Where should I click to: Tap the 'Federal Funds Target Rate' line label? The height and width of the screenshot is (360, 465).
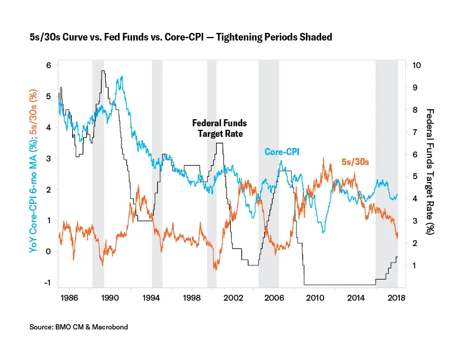220,128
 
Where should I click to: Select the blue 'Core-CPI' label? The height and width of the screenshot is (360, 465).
282,152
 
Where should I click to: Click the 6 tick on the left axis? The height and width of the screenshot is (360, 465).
48,66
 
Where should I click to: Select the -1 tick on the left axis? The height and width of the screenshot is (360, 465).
46,282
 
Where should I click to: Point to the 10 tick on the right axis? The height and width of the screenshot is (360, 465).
416,65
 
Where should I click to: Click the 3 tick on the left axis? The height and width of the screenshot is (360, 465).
48,159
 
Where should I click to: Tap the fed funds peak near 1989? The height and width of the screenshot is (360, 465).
103,71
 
